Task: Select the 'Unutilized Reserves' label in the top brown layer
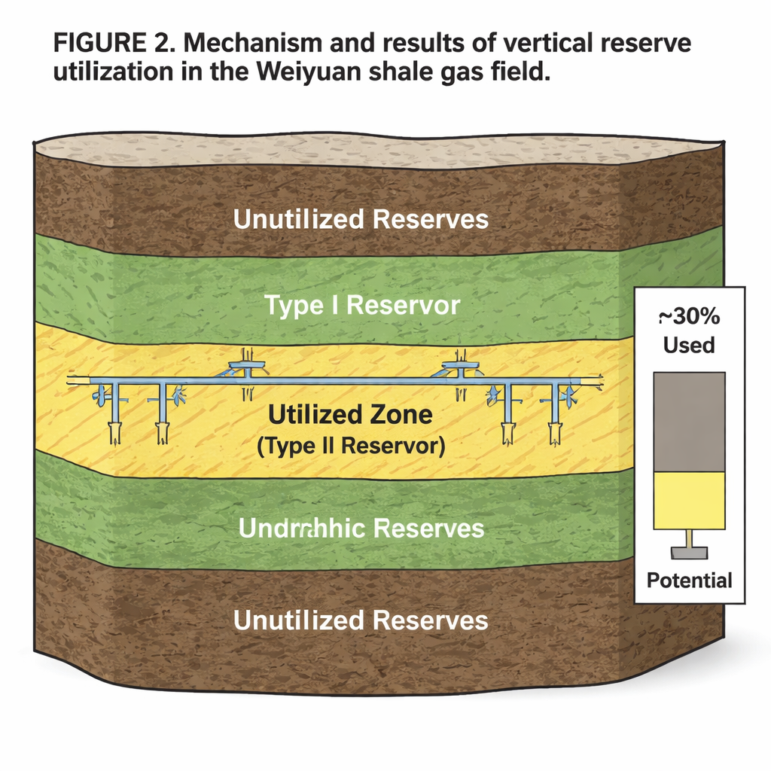(x=361, y=219)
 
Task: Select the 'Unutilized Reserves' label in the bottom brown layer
(x=361, y=620)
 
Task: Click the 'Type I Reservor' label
(x=362, y=306)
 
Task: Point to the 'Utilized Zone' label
(x=350, y=414)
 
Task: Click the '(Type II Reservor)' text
(x=350, y=445)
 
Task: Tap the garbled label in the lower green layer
(x=361, y=528)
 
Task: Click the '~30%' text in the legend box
(x=689, y=316)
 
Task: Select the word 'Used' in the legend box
(x=689, y=345)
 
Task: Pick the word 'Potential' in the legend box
(x=689, y=581)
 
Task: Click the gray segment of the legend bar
(x=690, y=422)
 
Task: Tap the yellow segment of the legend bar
(x=690, y=500)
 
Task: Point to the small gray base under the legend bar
(x=690, y=553)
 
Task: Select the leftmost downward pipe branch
(x=114, y=414)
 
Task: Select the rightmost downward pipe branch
(x=555, y=414)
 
